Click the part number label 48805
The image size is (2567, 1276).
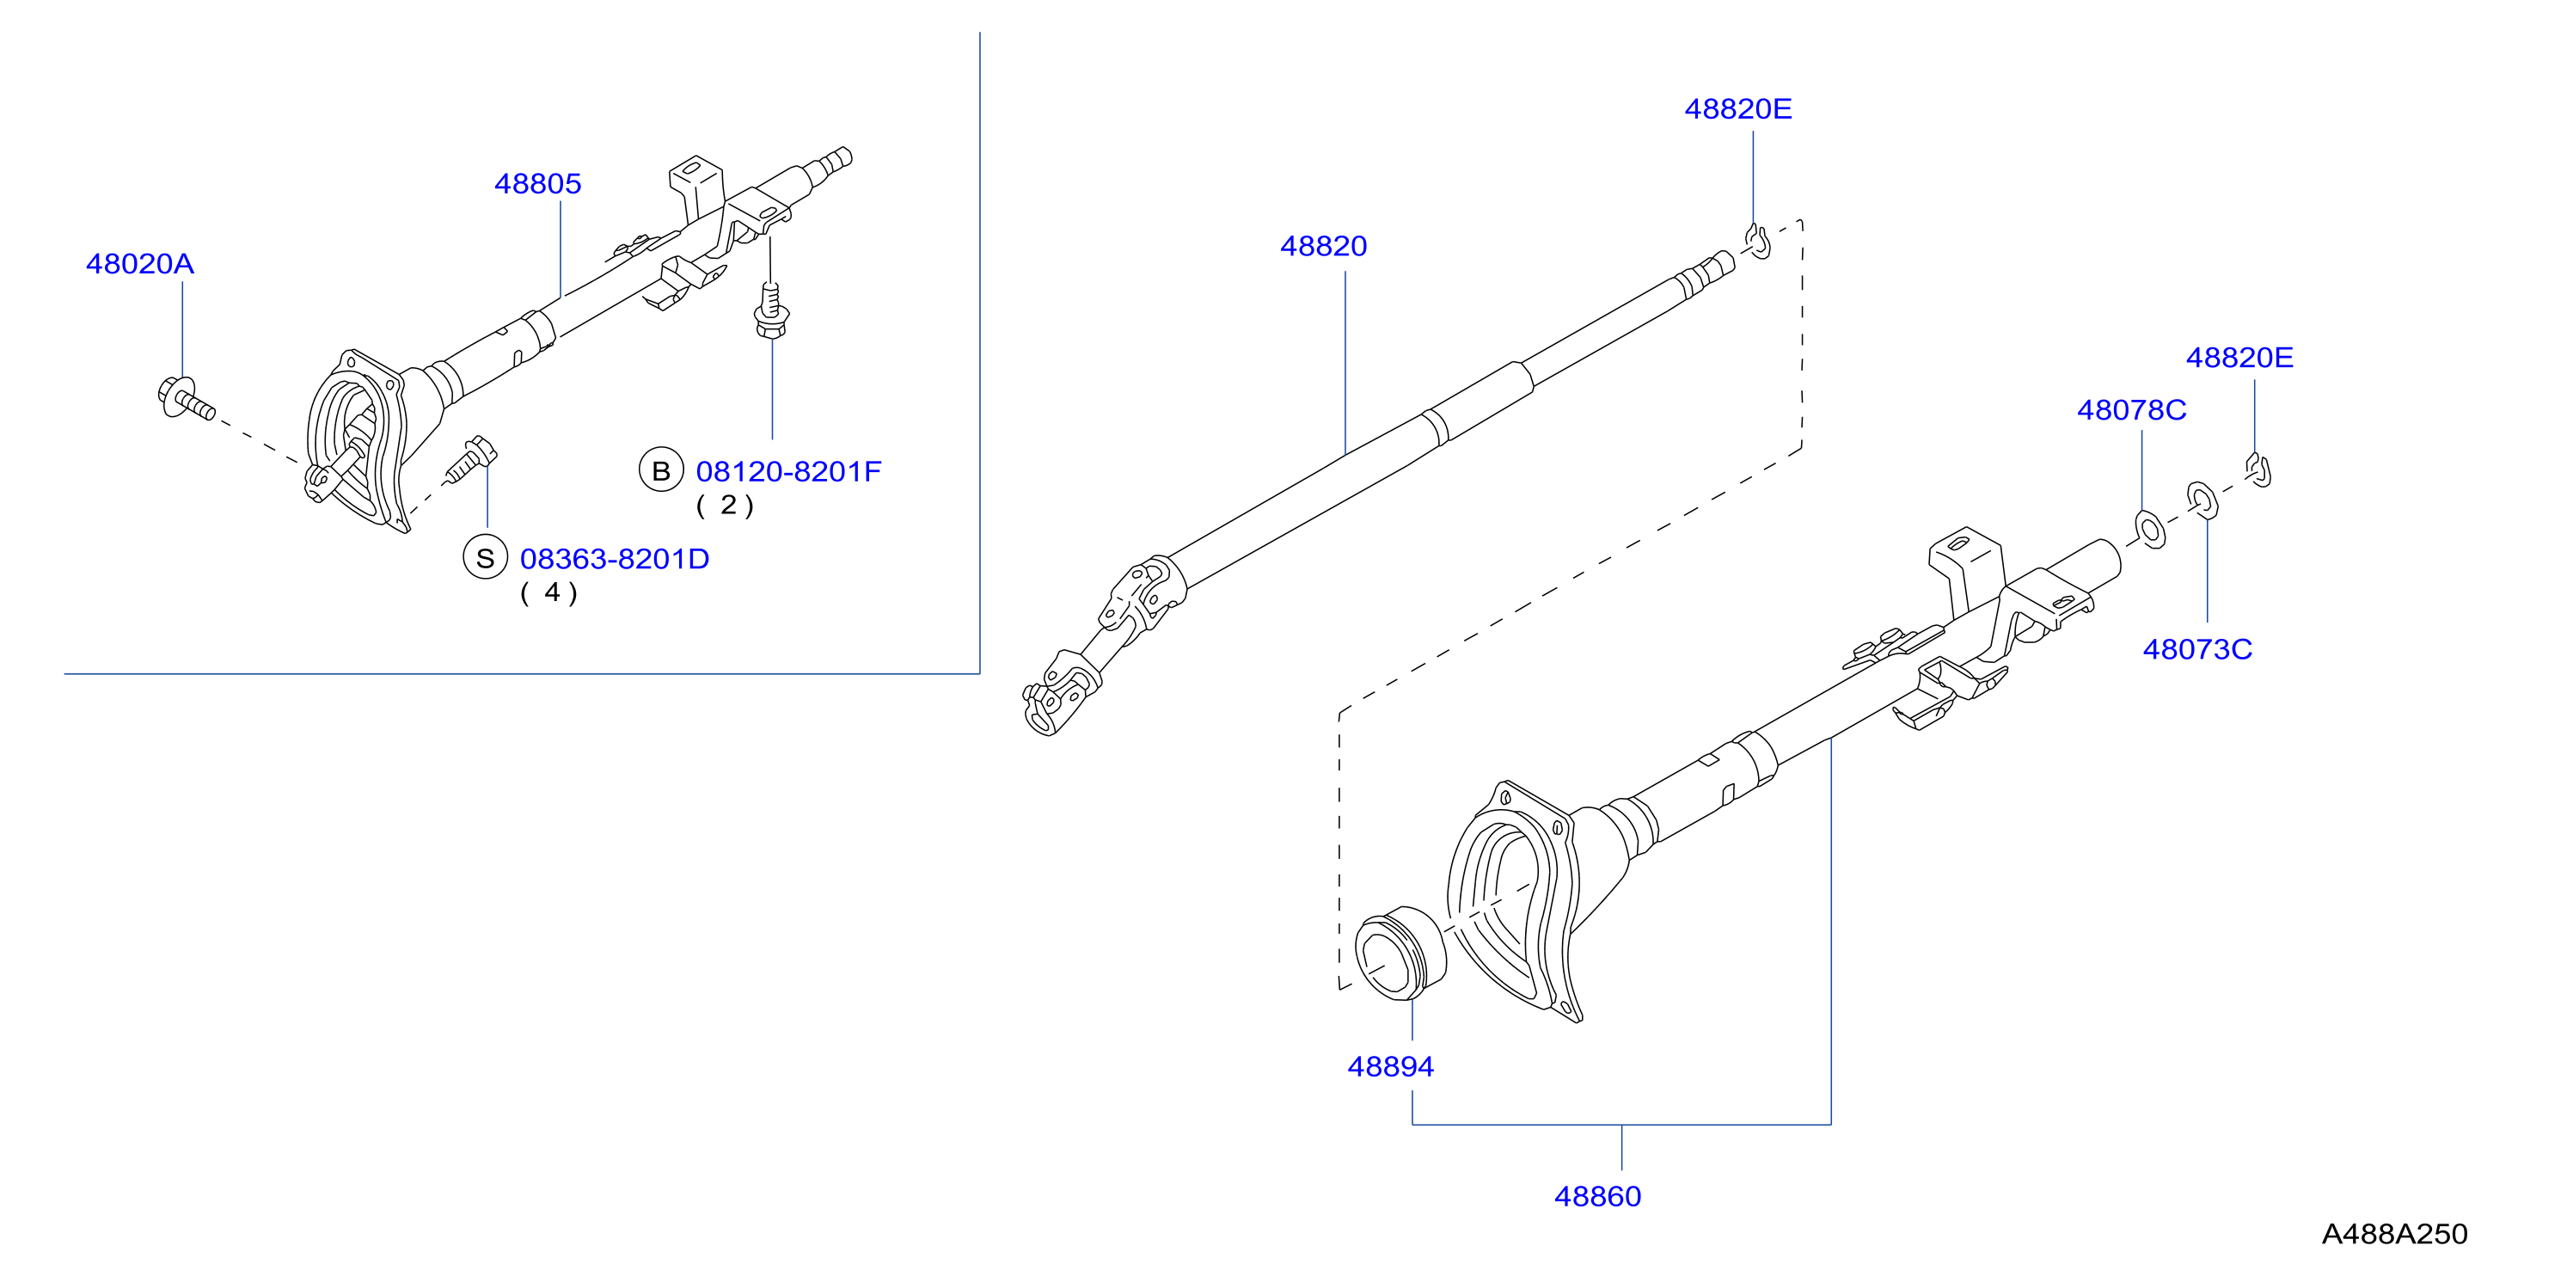(538, 183)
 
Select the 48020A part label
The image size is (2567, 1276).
(139, 264)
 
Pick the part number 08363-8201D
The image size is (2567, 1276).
(615, 559)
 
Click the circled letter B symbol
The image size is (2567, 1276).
(661, 470)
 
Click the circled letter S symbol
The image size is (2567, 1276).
(486, 558)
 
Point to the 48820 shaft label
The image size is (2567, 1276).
(1323, 246)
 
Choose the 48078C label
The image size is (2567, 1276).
(2131, 411)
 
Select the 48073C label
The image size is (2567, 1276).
(2197, 650)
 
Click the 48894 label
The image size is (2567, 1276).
(1390, 1067)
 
